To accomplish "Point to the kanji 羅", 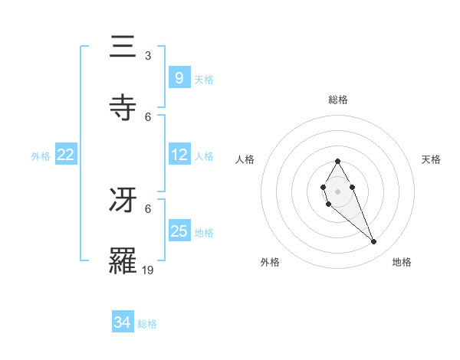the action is tap(123, 258).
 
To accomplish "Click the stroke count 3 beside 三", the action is tap(148, 56).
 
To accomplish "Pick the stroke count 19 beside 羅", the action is tap(148, 270).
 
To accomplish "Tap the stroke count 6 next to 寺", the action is tap(148, 116).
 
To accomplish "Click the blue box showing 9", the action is tap(179, 77).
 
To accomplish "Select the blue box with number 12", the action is tap(179, 155).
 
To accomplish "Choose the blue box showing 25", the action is tap(179, 231).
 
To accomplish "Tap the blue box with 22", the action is tap(65, 155).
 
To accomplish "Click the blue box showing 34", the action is tap(122, 322).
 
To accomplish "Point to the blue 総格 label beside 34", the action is tap(147, 324).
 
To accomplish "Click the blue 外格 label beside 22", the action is tap(41, 156).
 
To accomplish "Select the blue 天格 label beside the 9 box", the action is tap(204, 79).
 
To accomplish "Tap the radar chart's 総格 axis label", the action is tap(337, 100).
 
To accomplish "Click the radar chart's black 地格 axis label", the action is tap(402, 262).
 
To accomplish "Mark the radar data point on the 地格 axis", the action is tap(374, 242).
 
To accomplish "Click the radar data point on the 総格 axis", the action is tap(337, 161).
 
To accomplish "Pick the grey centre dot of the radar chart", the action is tap(337, 191).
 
